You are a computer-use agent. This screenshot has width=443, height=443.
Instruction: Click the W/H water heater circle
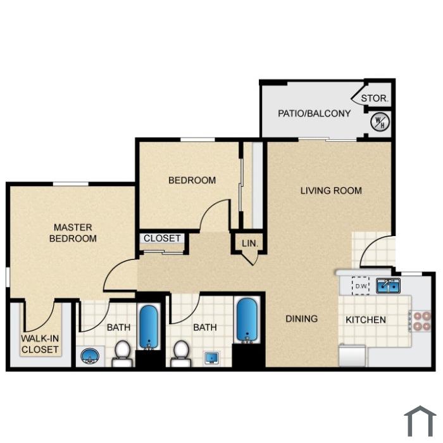[x=380, y=122]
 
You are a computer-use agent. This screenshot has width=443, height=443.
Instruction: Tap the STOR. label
[x=375, y=98]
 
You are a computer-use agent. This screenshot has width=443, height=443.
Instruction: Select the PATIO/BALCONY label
[x=314, y=113]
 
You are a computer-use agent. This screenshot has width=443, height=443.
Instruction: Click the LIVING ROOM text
[x=331, y=190]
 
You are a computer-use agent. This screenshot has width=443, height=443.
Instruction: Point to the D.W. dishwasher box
[x=361, y=286]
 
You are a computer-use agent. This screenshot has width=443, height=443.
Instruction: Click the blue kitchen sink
[x=388, y=285]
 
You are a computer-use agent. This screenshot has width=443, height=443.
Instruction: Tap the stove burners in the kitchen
[x=422, y=321]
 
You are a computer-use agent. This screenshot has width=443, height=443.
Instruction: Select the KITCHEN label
[x=366, y=320]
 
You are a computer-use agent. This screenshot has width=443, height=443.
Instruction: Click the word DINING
[x=302, y=319]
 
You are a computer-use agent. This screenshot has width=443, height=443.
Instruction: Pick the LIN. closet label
[x=250, y=243]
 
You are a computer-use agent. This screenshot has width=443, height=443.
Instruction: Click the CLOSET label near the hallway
[x=162, y=238]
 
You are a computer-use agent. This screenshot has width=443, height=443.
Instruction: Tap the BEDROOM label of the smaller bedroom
[x=192, y=180]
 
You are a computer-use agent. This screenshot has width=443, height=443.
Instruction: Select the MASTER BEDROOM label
[x=73, y=233]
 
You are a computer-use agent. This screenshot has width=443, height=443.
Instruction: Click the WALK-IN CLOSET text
[x=40, y=344]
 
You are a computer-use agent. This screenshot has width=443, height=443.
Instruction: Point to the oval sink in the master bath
[x=90, y=356]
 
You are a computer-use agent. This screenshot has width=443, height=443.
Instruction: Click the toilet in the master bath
[x=123, y=353]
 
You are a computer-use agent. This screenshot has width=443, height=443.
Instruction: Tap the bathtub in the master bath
[x=149, y=327]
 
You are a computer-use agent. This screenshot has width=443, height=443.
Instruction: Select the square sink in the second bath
[x=212, y=358]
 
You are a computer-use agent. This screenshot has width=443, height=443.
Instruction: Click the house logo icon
[x=420, y=421]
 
